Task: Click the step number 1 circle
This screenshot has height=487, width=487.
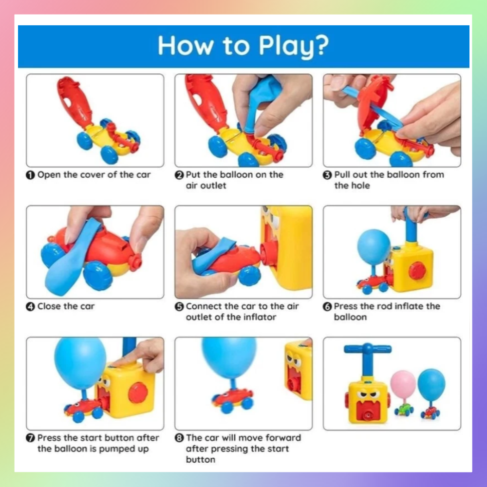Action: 30,175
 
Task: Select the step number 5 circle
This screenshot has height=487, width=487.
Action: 179,307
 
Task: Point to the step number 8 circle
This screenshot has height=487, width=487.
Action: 179,438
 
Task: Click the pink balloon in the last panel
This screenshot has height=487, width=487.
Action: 403,384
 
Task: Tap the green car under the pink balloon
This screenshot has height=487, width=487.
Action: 404,410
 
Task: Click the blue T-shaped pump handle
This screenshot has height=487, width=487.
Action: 368,356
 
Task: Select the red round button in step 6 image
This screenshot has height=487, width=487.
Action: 417,270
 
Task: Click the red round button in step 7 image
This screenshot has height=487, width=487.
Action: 138,393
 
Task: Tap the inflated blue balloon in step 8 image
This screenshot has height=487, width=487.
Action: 229,357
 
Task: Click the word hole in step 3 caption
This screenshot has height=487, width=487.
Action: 361,186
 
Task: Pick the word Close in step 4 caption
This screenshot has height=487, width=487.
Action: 49,306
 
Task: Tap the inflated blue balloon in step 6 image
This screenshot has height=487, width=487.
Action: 374,247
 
